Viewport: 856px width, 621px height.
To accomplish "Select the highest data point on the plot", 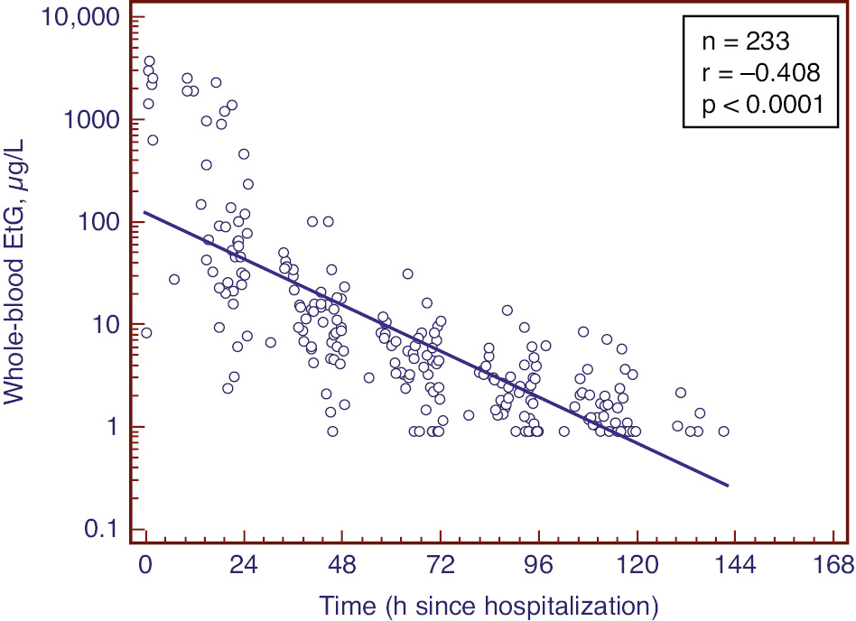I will coord(149,61).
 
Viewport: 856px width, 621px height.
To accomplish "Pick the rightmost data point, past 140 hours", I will coord(723,431).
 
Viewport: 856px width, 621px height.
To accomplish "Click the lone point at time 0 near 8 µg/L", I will coord(146,333).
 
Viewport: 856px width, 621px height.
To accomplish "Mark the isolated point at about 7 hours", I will coord(174,280).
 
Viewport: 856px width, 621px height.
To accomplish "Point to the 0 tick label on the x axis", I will coord(146,566).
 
